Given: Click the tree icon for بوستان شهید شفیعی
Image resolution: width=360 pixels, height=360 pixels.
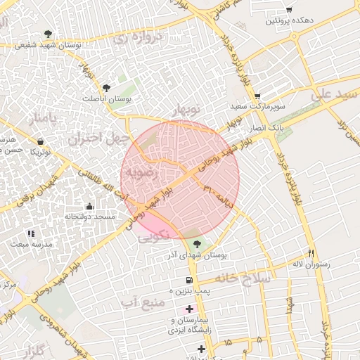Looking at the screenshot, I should [x=48, y=33].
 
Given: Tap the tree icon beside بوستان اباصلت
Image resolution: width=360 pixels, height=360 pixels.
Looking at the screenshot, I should [x=105, y=88].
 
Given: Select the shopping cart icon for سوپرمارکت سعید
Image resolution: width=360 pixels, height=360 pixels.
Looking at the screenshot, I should [x=257, y=96].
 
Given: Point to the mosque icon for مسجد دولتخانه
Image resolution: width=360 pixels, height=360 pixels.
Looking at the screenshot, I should [x=89, y=206].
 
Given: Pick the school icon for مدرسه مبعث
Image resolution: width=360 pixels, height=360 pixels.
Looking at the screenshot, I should [x=30, y=233].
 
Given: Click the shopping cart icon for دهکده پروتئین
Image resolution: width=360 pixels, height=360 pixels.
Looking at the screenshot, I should [x=289, y=9].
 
